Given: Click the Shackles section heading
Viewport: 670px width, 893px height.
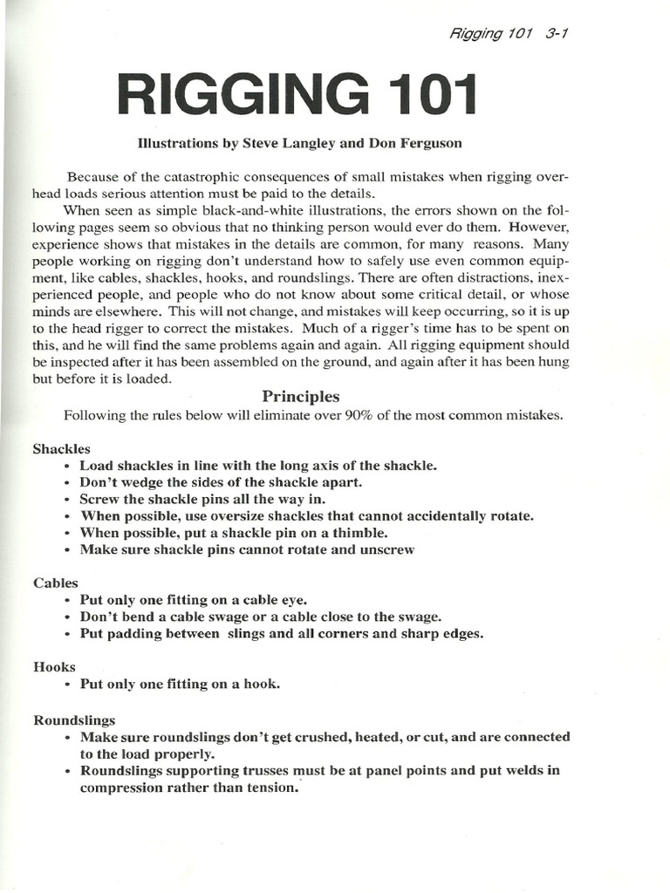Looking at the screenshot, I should point(62,448).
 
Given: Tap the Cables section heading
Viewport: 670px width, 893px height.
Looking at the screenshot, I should point(56,583).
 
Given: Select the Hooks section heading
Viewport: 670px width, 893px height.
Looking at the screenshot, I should point(55,666).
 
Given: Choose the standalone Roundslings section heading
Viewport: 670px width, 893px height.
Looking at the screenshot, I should point(74,720).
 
